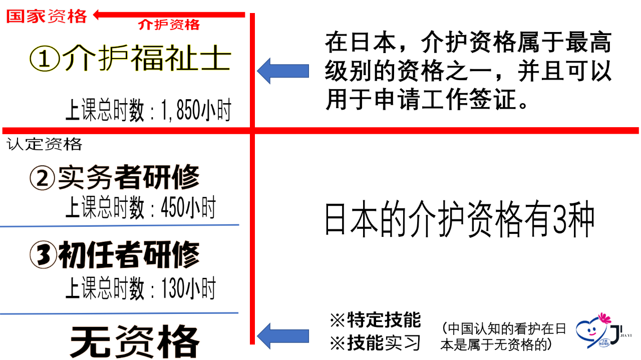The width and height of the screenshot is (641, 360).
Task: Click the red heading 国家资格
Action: tap(47, 16)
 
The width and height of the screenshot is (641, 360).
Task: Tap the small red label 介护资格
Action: tap(169, 25)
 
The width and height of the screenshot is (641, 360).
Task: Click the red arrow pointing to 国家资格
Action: tap(169, 15)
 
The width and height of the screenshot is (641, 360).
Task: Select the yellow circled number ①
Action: tap(45, 59)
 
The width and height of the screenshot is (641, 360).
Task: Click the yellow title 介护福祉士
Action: tap(147, 58)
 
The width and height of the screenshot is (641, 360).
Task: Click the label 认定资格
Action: tap(45, 144)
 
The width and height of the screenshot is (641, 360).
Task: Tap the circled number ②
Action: tap(43, 178)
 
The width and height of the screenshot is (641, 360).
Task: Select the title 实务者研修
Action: tap(129, 177)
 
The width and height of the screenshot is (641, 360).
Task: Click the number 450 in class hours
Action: tap(173, 208)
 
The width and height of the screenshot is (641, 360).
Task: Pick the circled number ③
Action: tap(43, 255)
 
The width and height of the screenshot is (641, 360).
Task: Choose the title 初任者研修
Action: tap(129, 254)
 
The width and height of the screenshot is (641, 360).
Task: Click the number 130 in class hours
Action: tap(173, 288)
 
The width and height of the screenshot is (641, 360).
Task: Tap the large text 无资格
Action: tap(135, 341)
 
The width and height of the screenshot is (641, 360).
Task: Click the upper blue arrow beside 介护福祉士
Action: tap(283, 71)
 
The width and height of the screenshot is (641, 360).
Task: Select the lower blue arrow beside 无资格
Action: tap(283, 336)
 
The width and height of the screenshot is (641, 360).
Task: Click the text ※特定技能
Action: tap(376, 320)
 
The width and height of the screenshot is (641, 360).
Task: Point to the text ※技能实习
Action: tap(376, 343)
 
